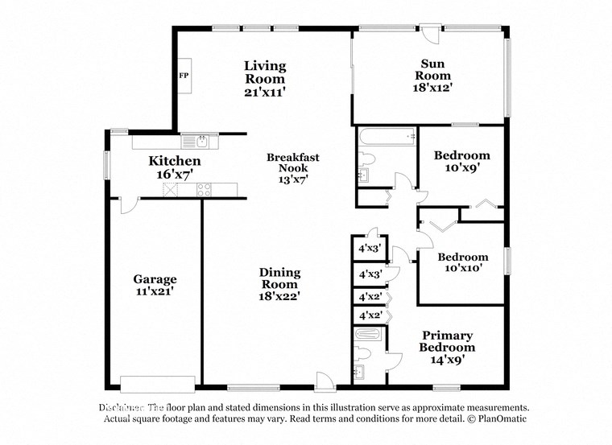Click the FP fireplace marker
[183, 75]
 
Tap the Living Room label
[265, 72]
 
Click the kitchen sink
[195, 142]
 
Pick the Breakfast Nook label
[293, 163]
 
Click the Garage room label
[155, 279]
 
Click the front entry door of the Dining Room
[322, 378]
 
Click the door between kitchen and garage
[125, 205]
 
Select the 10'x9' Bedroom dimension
[461, 168]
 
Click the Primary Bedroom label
[447, 341]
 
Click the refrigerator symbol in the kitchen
[171, 190]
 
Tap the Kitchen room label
[174, 161]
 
